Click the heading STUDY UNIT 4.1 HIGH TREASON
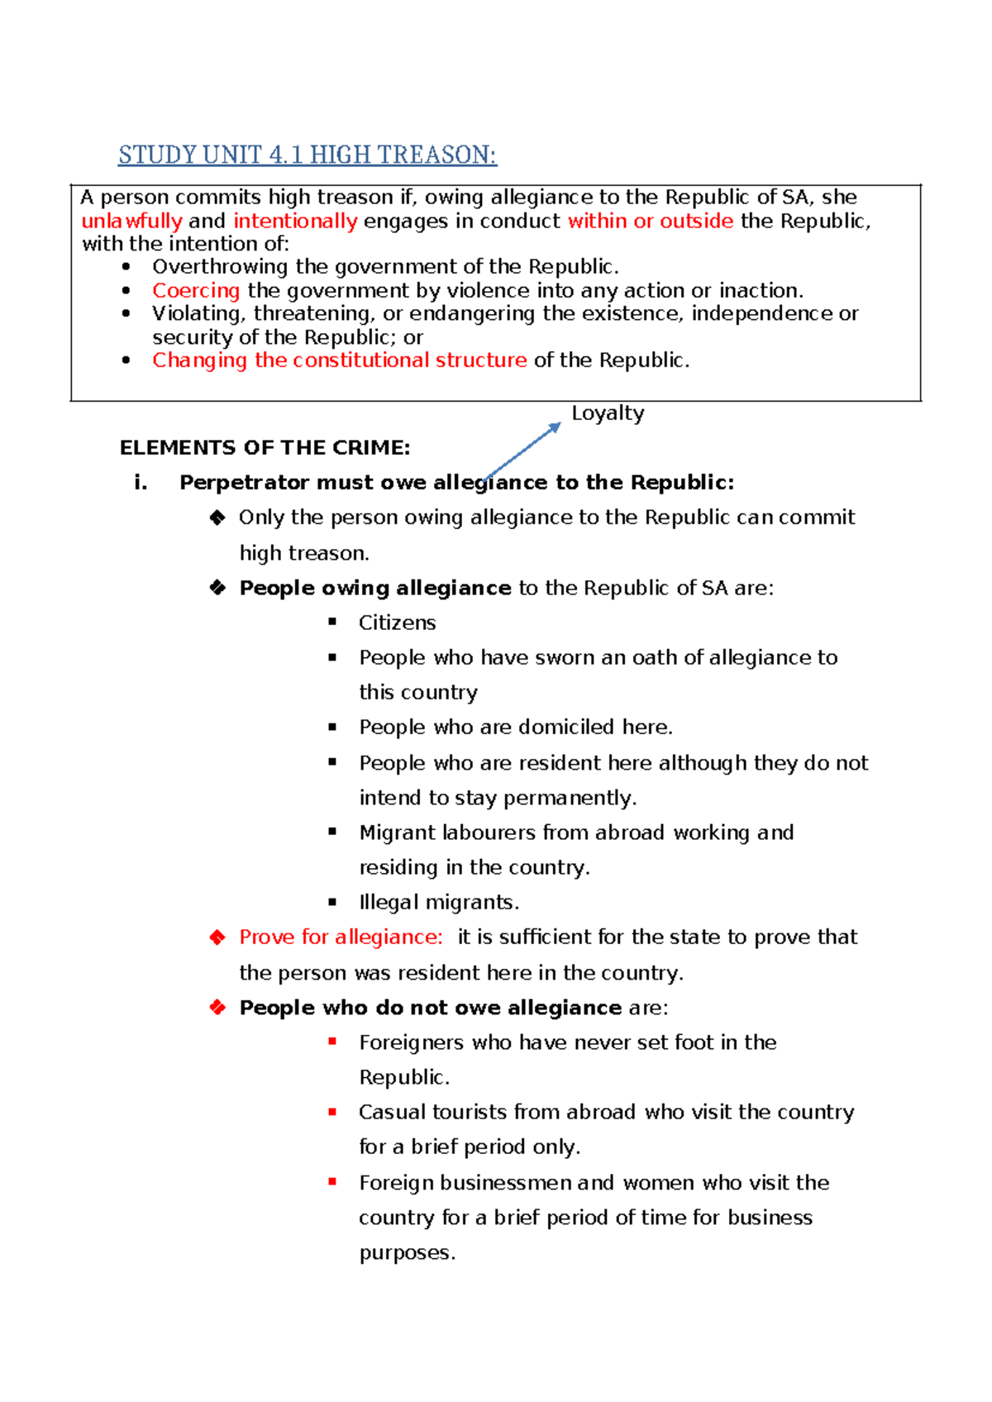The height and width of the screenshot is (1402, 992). click(307, 155)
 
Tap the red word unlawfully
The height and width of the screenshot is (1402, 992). click(131, 221)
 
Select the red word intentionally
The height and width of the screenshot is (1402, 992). click(295, 221)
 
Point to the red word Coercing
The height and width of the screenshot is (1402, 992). click(196, 290)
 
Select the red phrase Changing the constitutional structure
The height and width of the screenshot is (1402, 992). click(339, 360)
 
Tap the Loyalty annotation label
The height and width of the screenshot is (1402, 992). click(608, 412)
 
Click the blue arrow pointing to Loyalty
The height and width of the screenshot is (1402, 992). click(523, 451)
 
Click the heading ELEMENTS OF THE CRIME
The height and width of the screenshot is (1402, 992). click(265, 448)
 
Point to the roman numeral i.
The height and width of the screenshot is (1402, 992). click(141, 483)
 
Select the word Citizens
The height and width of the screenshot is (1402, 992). click(397, 622)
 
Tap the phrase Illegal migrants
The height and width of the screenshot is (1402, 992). click(438, 902)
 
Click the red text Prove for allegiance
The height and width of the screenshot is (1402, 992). click(341, 937)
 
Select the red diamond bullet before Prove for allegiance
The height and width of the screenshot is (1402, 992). click(217, 937)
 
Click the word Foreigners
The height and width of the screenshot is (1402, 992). click(411, 1042)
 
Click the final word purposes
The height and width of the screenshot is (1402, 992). click(406, 1253)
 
